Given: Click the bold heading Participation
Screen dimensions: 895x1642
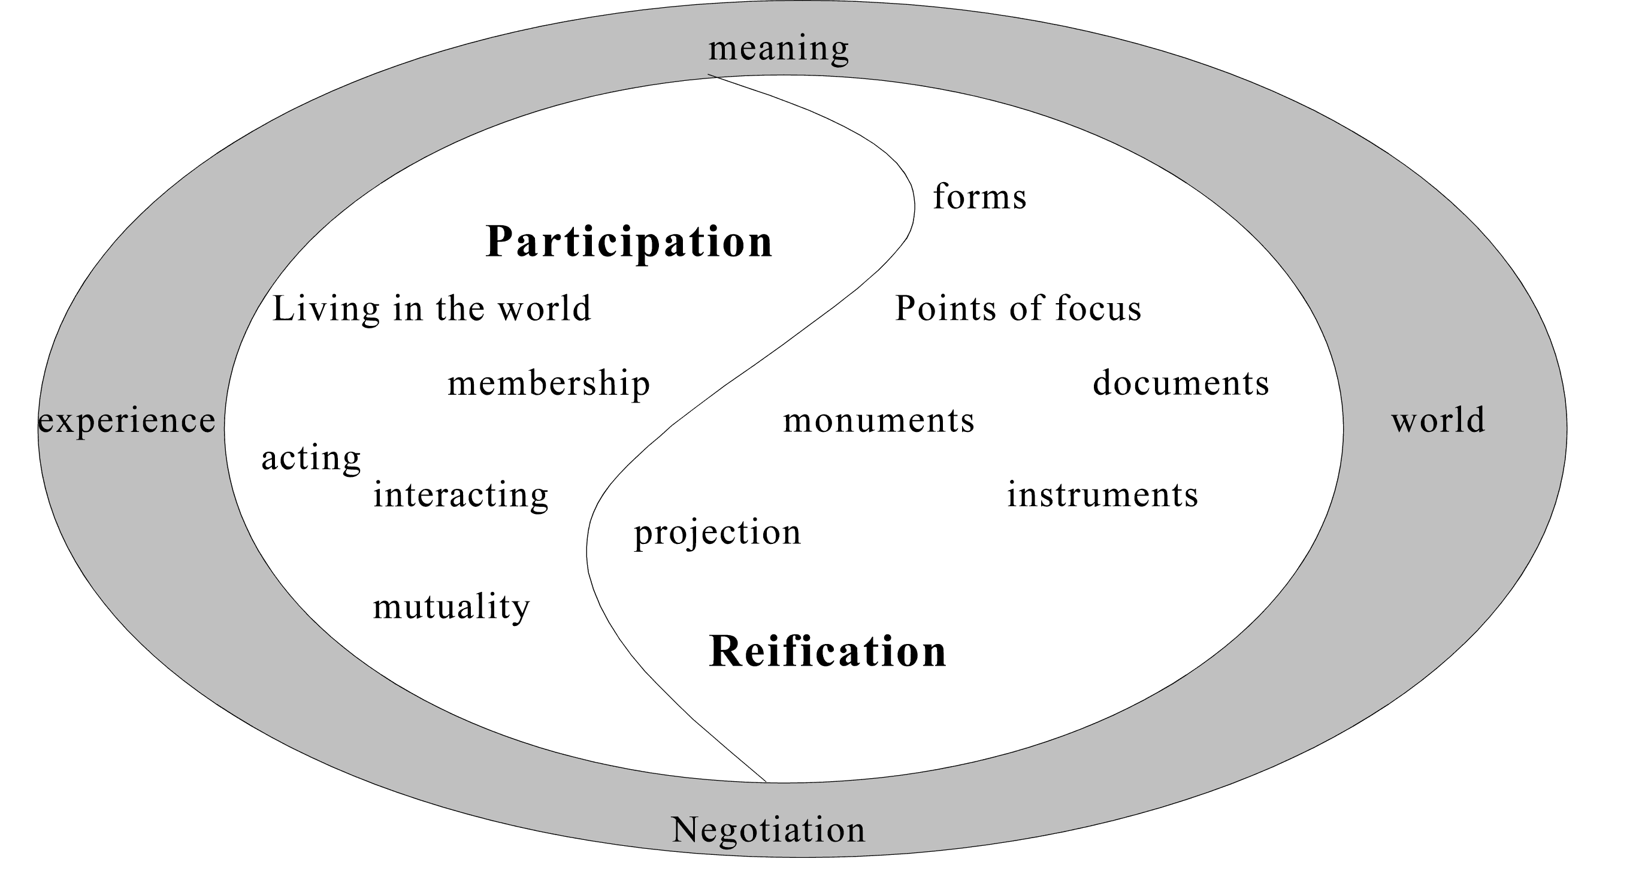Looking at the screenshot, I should (628, 242).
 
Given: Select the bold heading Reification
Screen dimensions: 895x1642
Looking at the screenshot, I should (827, 652).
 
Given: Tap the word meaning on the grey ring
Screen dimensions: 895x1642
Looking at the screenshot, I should (778, 48).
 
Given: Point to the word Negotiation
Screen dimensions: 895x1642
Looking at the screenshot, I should (768, 829).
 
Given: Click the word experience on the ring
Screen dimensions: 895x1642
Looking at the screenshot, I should (127, 421).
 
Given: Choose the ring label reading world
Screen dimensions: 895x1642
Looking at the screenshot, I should (1438, 420).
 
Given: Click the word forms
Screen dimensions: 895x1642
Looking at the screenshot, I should (979, 196).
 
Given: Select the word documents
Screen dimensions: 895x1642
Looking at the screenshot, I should (1181, 383).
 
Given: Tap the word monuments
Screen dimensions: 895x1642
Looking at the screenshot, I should (878, 421).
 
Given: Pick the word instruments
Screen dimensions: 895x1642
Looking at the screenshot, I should (1102, 495).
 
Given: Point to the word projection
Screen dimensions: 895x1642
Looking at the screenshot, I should (717, 533).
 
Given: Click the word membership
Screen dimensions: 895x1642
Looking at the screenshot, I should (548, 384).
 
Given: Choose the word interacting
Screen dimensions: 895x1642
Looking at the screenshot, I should (460, 495).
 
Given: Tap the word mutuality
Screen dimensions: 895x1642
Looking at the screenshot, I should (451, 607).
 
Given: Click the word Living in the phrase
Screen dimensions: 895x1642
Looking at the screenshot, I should (326, 309).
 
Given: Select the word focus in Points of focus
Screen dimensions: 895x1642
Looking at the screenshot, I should (1097, 309).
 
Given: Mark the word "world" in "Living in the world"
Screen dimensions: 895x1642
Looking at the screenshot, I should (544, 309).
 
